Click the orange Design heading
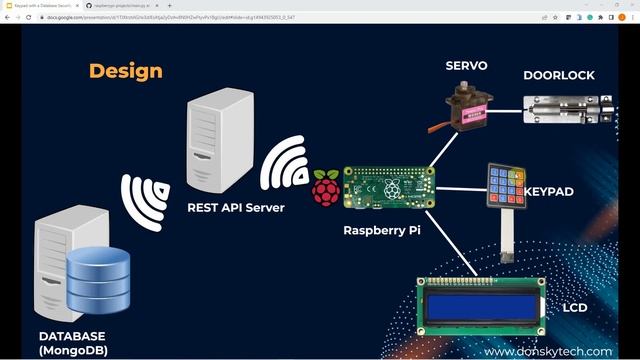(125, 71)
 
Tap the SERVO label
(466, 66)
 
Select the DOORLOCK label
(559, 75)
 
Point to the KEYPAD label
(549, 190)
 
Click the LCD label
(574, 307)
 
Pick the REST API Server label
(236, 208)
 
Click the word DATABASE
(72, 336)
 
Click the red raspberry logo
(326, 188)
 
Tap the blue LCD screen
(479, 306)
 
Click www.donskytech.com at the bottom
(547, 352)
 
